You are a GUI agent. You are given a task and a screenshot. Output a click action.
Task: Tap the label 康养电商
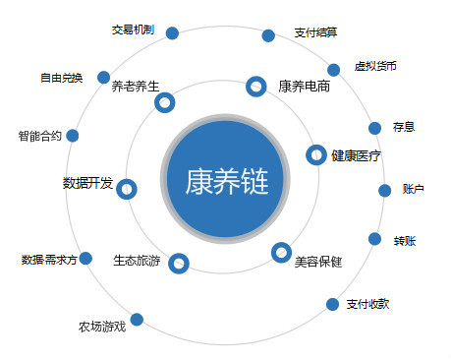coord(305,86)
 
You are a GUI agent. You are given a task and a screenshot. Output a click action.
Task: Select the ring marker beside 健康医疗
coord(316,154)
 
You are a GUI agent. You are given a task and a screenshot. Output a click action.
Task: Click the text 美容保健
coord(318,262)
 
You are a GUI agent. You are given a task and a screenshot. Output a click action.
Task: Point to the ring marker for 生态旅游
coord(179,263)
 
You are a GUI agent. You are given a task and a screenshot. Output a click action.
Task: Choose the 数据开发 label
coord(87,183)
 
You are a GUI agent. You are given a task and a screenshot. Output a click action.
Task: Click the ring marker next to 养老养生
coord(164,101)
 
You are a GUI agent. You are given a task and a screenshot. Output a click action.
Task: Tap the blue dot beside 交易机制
coord(172,32)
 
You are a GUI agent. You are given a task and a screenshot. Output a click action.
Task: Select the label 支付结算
coord(315,31)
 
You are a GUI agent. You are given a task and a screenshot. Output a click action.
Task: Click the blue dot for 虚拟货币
coord(334,69)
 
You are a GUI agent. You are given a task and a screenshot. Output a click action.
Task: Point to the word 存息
coord(403,126)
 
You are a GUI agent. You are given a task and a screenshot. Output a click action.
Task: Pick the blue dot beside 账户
coord(384,190)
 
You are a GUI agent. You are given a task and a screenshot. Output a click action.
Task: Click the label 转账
coord(405,240)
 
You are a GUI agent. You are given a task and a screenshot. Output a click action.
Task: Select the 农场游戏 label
coord(102,327)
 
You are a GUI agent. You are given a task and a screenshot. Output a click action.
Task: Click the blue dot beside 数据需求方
coord(86,259)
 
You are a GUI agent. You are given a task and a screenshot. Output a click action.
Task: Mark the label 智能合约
coord(39,135)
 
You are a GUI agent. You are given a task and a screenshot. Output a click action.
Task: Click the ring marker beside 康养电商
coord(255,88)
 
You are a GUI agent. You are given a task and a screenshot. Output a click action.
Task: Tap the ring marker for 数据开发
coord(127,188)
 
